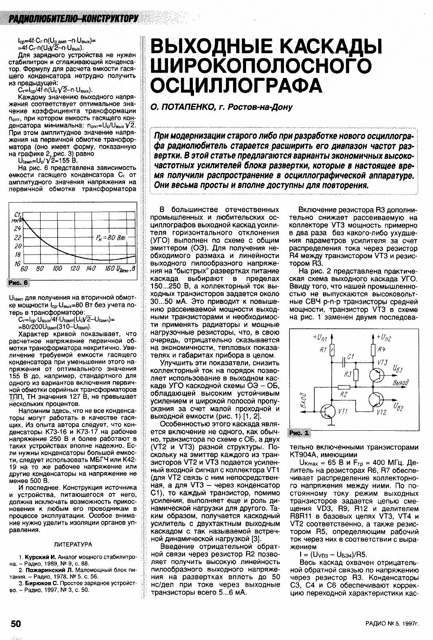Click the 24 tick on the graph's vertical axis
pyautogui.click(x=17, y=229)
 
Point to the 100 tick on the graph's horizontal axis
pyautogui.click(x=58, y=269)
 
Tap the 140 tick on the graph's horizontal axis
pyautogui.click(x=91, y=269)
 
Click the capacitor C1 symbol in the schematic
pyautogui.click(x=345, y=360)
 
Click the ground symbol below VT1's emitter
pyautogui.click(x=332, y=426)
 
